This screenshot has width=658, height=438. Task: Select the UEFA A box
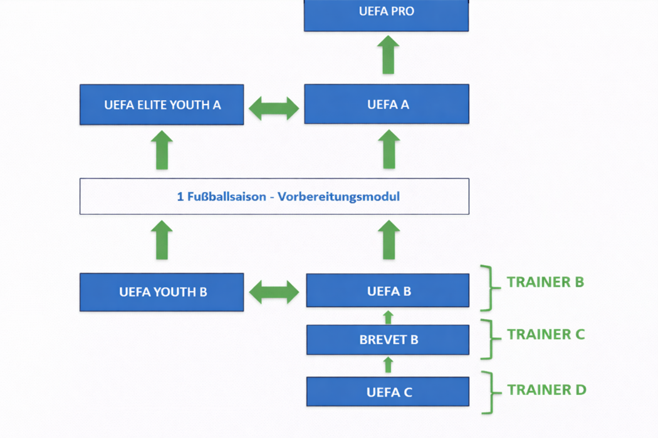[387, 104]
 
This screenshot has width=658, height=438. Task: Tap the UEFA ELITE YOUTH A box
[162, 104]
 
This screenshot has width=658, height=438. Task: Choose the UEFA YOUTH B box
[162, 292]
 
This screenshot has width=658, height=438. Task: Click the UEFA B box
[387, 291]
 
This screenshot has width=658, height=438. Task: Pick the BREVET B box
[387, 340]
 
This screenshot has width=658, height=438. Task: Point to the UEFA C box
[387, 392]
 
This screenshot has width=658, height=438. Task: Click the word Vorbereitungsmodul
[338, 196]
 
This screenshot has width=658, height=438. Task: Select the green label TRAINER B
[545, 282]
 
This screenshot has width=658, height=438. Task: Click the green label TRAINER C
[546, 334]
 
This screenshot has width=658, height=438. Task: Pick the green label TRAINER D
[546, 390]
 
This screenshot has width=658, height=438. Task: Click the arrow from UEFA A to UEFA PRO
[388, 55]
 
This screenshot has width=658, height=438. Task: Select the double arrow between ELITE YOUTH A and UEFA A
[274, 108]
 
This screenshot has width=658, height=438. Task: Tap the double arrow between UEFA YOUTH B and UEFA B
[274, 292]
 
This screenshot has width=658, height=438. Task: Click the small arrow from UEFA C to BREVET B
[388, 365]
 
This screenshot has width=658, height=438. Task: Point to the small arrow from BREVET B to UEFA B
[388, 317]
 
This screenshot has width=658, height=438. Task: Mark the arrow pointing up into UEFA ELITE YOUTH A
[162, 150]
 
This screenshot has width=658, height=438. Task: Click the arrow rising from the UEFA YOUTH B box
[162, 240]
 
